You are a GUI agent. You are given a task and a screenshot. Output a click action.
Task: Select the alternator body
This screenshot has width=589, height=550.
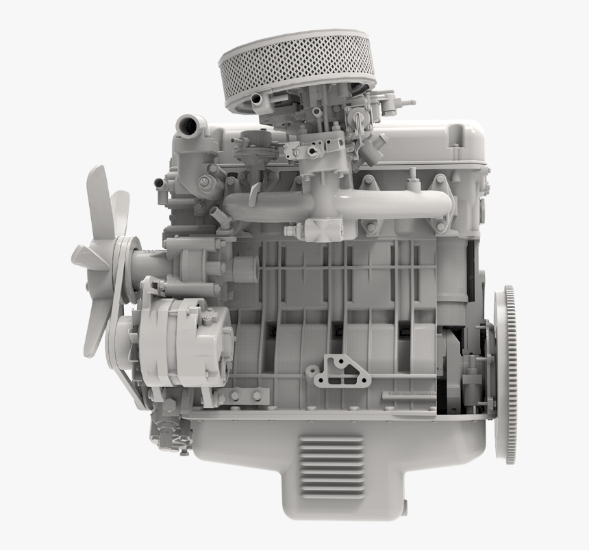click(188, 339)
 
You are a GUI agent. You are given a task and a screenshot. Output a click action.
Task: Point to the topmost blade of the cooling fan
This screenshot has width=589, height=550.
click(99, 198)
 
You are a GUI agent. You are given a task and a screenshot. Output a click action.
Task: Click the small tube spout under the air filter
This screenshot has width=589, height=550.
click(258, 100)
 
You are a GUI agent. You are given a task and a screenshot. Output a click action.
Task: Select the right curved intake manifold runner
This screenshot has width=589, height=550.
click(404, 204)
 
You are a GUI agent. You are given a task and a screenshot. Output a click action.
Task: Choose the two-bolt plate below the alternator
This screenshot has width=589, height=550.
click(246, 395)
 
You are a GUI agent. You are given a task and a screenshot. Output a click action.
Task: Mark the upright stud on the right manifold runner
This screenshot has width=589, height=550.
click(412, 185)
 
